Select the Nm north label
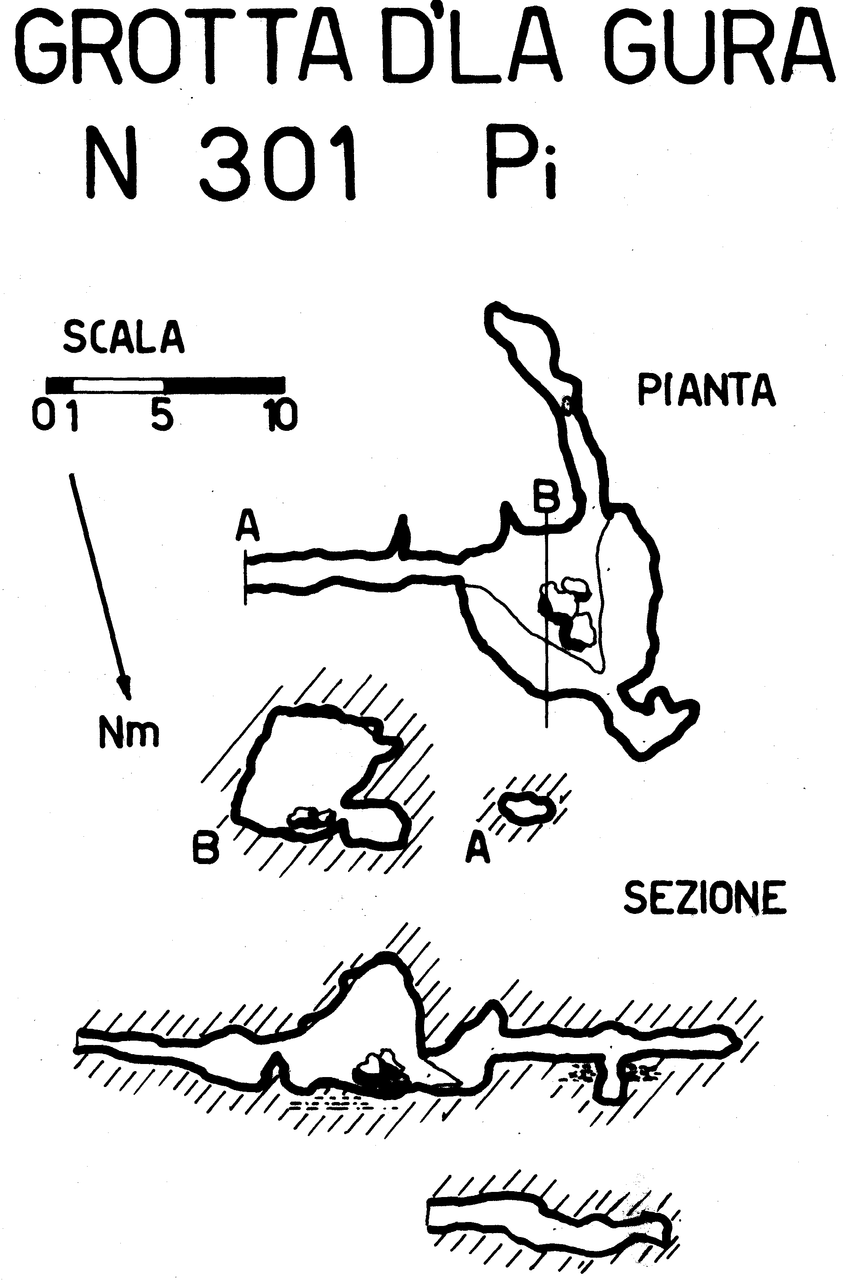[x=129, y=732]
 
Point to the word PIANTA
[x=706, y=390]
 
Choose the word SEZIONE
[x=704, y=897]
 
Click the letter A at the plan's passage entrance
[x=247, y=529]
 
